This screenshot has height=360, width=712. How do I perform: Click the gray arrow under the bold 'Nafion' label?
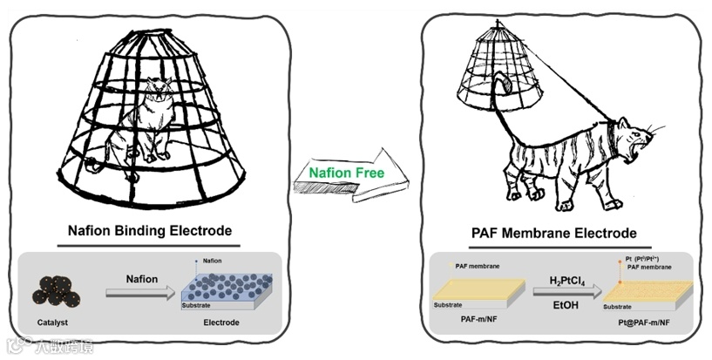pyautogui.click(x=141, y=295)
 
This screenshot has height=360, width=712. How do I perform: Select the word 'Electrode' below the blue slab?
pyautogui.click(x=221, y=323)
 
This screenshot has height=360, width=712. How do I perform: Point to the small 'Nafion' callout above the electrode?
pyautogui.click(x=212, y=261)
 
